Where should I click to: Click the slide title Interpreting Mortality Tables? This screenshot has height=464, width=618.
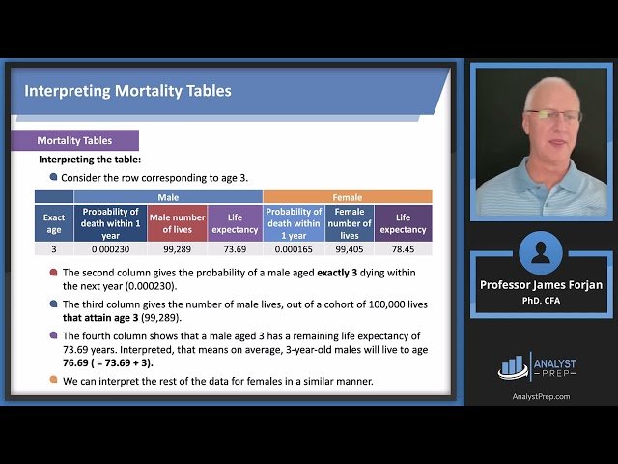tap(127, 92)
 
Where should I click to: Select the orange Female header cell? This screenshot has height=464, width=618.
tap(347, 196)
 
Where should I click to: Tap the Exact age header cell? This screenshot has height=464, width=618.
tap(54, 223)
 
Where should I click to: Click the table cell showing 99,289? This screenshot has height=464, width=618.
tap(177, 248)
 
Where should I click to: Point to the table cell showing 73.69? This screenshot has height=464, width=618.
tap(235, 248)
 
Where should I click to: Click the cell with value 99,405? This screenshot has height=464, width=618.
tap(349, 248)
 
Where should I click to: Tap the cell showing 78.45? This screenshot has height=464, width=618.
tap(403, 248)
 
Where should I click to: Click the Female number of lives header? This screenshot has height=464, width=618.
tap(349, 223)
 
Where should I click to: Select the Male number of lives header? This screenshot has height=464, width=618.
tap(177, 223)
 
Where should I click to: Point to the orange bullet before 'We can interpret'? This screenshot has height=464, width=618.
tap(53, 381)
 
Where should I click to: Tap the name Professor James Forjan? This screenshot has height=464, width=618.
tap(540, 285)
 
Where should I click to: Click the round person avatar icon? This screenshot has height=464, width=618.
tap(540, 253)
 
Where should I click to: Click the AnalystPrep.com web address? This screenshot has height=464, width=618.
tap(540, 396)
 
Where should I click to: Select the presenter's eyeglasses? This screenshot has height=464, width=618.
tap(553, 115)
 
